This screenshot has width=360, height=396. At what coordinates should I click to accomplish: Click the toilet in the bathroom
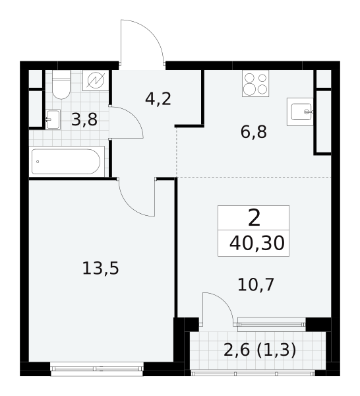pyautogui.click(x=61, y=84)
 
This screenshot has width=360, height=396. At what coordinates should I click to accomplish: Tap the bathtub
pyautogui.click(x=67, y=162)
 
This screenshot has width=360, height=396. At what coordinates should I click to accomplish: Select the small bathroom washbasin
pyautogui.click(x=53, y=119)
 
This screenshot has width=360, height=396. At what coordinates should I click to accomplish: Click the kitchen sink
pyautogui.click(x=300, y=112)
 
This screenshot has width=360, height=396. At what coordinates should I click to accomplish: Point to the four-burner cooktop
pyautogui.click(x=255, y=83)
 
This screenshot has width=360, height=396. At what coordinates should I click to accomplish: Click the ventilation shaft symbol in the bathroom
pyautogui.click(x=96, y=81)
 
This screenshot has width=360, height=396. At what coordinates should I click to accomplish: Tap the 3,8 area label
pyautogui.click(x=84, y=119)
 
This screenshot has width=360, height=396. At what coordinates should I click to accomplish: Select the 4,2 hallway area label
pyautogui.click(x=158, y=99)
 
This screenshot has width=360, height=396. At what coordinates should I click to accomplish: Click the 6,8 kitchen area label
pyautogui.click(x=254, y=132)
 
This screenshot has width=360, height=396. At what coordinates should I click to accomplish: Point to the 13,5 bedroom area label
pyautogui.click(x=100, y=268)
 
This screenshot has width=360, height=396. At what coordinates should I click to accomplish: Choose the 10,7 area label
pyautogui.click(x=256, y=284)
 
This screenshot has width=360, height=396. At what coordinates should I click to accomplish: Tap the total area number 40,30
pyautogui.click(x=257, y=244)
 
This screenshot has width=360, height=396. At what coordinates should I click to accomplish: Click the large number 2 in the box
pyautogui.click(x=254, y=218)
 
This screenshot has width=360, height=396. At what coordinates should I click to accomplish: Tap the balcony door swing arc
pyautogui.click(x=224, y=300)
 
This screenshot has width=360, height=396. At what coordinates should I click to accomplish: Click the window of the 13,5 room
pyautogui.click(x=97, y=369)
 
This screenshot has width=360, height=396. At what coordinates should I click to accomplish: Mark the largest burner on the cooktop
pyautogui.click(x=249, y=89)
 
